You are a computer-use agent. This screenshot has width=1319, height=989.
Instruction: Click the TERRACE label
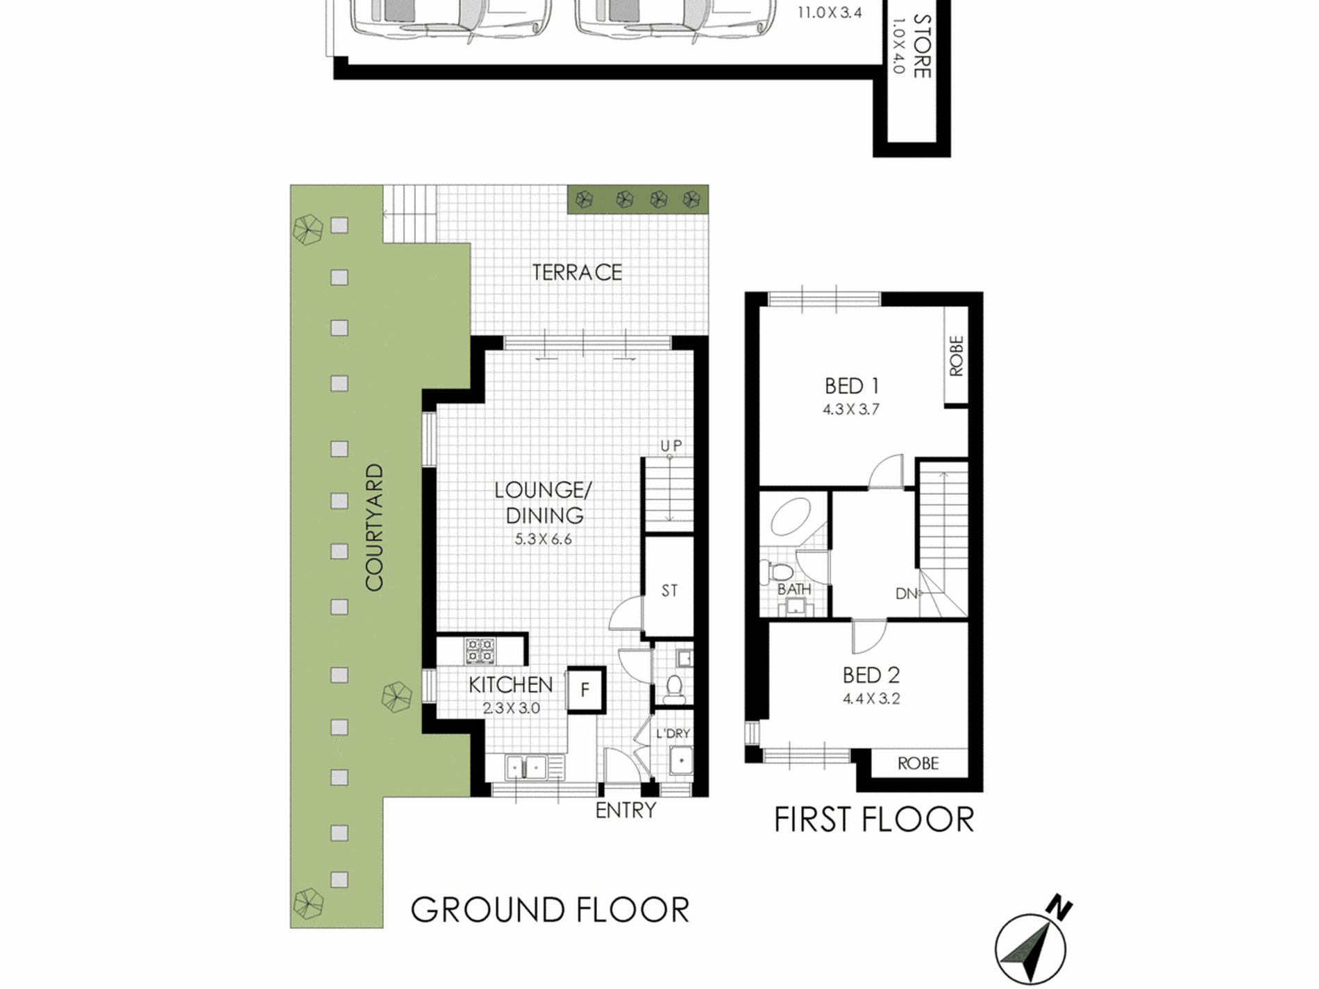[577, 273]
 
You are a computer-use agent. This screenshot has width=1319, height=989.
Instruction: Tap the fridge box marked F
[586, 690]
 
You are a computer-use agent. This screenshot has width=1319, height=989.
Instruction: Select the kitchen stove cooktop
[480, 651]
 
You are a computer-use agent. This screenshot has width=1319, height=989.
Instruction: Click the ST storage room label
[669, 591]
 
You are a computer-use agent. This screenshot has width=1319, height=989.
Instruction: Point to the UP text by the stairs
[671, 446]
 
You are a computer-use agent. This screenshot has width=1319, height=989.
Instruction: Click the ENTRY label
[625, 810]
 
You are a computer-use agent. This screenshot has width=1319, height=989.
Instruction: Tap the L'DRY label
[673, 734]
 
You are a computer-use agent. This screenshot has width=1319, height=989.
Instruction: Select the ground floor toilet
[673, 686]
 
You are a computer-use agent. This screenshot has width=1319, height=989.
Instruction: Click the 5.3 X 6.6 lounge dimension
[543, 539]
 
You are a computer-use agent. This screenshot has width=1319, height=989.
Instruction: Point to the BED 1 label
[851, 386]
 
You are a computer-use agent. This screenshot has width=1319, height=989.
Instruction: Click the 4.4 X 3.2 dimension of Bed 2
[871, 699]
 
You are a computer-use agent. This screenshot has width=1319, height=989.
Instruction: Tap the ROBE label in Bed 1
[957, 356]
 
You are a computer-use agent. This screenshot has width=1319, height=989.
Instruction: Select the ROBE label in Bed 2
[918, 763]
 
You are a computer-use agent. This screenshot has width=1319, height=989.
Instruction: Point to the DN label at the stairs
[906, 593]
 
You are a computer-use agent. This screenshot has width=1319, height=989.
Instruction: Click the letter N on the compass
[1060, 907]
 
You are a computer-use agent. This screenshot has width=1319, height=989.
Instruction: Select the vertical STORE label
[922, 46]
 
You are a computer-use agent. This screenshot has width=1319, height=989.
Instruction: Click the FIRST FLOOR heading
[873, 820]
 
